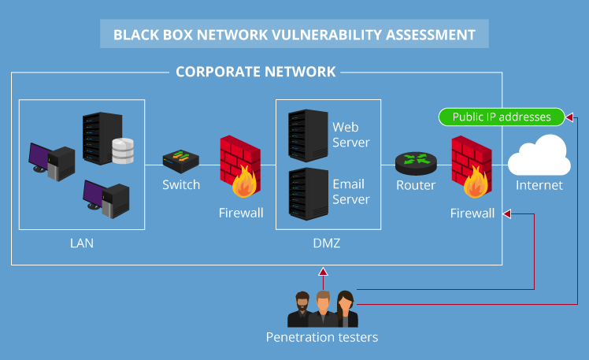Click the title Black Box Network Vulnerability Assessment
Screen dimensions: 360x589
(x=294, y=35)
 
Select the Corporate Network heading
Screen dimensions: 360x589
(x=255, y=72)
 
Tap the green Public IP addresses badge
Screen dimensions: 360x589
(x=502, y=117)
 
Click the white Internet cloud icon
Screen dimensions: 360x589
(x=539, y=156)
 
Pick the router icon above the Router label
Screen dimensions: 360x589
(x=415, y=162)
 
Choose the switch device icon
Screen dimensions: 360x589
(x=180, y=161)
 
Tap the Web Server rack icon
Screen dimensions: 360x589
(x=308, y=133)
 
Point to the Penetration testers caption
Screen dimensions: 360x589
(x=321, y=337)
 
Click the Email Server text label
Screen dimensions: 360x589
(x=350, y=191)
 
